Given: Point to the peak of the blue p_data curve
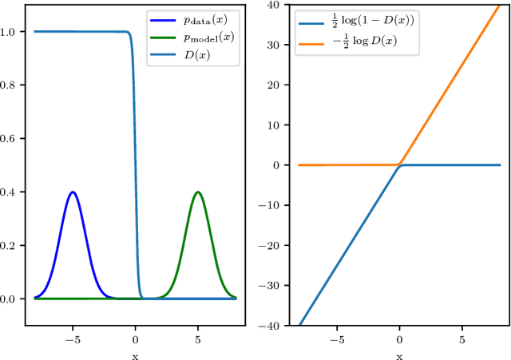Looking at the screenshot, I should [x=73, y=192].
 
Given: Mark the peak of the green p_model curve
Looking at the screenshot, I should [x=198, y=192].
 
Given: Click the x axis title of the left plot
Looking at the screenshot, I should [x=135, y=354].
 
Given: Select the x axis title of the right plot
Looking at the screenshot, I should [x=399, y=354].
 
